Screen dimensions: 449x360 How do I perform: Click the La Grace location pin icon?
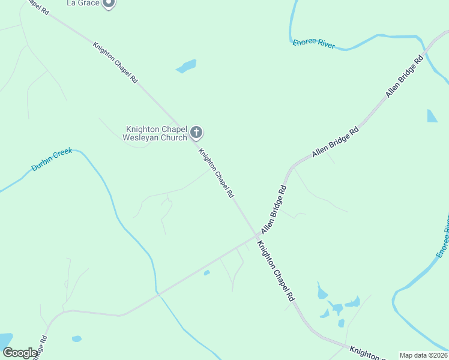109,3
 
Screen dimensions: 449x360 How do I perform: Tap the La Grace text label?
82,3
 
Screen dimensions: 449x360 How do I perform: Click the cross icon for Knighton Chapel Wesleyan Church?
196,133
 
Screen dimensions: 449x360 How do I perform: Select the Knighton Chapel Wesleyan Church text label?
155,133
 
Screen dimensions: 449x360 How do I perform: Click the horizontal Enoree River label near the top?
314,43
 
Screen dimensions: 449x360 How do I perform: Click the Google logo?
20,352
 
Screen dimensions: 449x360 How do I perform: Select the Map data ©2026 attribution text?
423,355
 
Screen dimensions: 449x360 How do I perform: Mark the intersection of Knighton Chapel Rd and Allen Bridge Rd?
256,236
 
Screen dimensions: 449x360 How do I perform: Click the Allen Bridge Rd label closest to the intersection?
274,209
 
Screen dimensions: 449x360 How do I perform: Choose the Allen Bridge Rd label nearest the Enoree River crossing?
405,74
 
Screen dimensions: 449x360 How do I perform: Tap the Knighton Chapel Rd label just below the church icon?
216,173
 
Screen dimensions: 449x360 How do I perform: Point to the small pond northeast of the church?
187,65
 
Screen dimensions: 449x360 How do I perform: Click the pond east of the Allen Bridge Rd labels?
432,116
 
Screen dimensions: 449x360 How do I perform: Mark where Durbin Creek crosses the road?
157,293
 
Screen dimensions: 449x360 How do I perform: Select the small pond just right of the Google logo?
76,339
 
